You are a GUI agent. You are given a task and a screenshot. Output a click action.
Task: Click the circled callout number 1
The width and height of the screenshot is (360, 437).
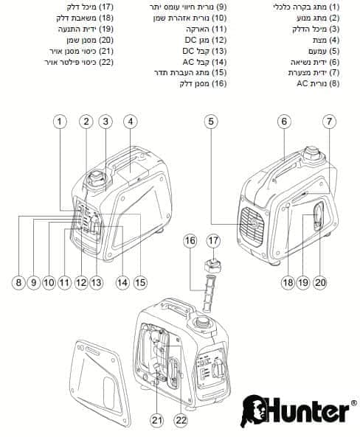(x=60, y=122)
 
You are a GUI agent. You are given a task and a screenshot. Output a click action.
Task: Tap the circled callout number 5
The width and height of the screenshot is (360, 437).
(x=211, y=122)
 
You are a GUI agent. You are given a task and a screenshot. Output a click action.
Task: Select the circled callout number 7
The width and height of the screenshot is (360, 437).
(x=329, y=122)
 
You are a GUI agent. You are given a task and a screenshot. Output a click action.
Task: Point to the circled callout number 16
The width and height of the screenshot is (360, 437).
(x=190, y=240)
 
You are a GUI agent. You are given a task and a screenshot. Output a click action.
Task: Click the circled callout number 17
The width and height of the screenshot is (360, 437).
(x=213, y=240)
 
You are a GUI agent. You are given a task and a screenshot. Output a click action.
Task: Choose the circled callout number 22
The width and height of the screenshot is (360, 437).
(x=181, y=421)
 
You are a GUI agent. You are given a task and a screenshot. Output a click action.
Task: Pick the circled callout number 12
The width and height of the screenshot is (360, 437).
(x=81, y=282)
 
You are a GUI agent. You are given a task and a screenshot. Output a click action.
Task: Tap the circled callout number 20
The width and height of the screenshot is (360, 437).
(x=320, y=282)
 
